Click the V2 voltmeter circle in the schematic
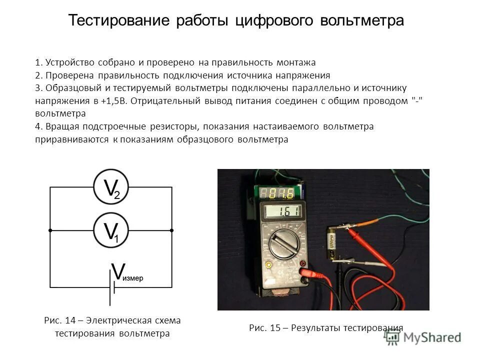click(x=111, y=187)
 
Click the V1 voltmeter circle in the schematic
click(x=111, y=230)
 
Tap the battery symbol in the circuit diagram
click(x=112, y=287)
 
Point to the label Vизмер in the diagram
click(x=127, y=273)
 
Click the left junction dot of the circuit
click(x=50, y=230)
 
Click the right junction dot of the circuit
click(x=172, y=230)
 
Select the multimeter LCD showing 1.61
click(x=282, y=212)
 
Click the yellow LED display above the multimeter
click(x=276, y=193)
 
